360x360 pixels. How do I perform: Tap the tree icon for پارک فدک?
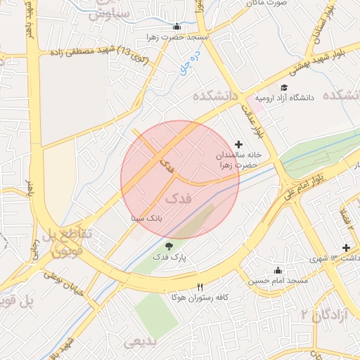coord(169,245)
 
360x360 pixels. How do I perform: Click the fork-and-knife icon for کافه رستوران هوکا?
coord(200,287)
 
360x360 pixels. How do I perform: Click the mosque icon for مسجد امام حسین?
coord(277,270)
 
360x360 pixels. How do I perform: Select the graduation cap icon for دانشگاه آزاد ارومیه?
coord(284,87)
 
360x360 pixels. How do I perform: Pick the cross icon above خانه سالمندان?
coord(238,143)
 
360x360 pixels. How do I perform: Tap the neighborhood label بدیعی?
coord(140,342)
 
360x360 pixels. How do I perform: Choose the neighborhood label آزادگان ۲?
coord(324,312)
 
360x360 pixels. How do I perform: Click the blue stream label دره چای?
coord(196,64)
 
